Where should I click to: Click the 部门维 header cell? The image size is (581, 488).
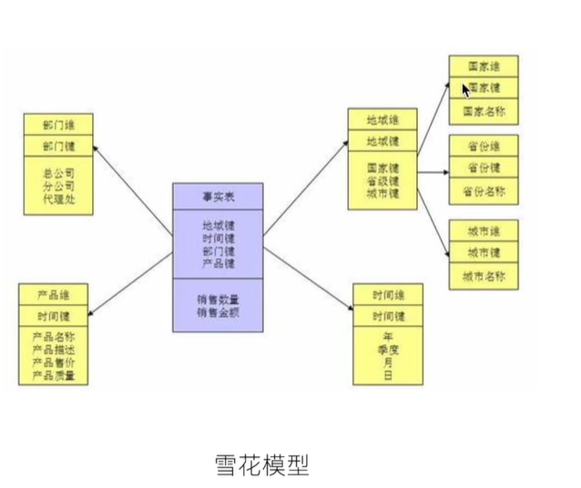tap(59, 125)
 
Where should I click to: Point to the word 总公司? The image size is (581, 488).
tap(59, 172)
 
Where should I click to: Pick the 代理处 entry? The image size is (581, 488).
tap(59, 198)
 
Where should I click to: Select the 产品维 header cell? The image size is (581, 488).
tap(54, 295)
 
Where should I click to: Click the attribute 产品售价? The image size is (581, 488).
tap(54, 362)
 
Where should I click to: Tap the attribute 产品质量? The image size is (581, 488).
tap(54, 375)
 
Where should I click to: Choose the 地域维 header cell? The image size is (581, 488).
tap(382, 120)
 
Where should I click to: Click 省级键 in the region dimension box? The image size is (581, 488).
tap(382, 180)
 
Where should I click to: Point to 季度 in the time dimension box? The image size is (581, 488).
tap(388, 350)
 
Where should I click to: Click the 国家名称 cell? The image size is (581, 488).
tap(484, 111)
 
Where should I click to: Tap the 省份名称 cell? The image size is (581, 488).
tap(484, 192)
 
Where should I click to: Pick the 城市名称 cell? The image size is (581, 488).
tap(484, 276)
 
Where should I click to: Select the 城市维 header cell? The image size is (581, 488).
tap(484, 230)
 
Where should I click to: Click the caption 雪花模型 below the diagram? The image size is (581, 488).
tap(261, 466)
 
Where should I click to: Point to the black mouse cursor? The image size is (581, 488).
tap(465, 90)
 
